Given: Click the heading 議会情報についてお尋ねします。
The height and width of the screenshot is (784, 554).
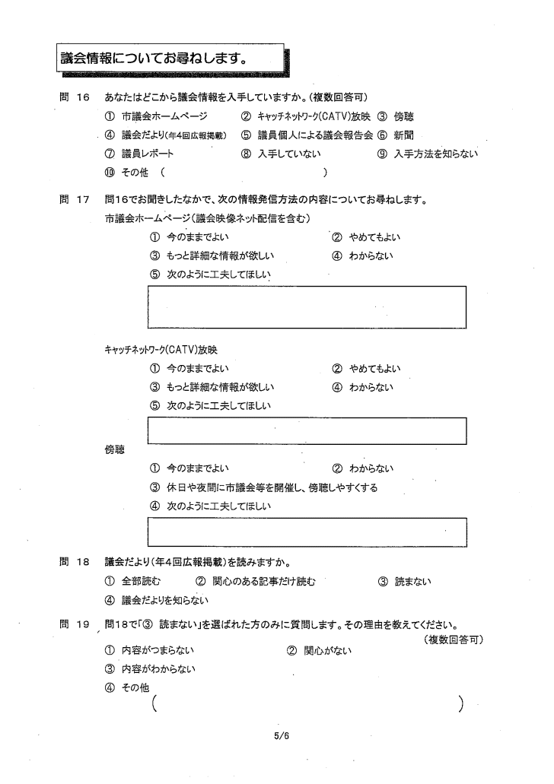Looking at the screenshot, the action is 154,59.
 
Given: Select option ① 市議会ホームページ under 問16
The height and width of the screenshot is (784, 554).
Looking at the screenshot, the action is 156,116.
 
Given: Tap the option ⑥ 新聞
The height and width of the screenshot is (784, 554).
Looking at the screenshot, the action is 396,135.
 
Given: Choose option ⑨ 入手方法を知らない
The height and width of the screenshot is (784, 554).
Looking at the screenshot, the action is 428,154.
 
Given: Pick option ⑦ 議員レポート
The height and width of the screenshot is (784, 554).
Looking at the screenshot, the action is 139,154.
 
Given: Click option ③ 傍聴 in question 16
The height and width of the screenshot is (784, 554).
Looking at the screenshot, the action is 396,116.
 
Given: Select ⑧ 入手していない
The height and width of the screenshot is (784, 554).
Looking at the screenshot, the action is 281,154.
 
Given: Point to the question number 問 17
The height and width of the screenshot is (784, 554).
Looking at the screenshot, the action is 75,199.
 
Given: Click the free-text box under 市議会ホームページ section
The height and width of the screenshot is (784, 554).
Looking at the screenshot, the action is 307,307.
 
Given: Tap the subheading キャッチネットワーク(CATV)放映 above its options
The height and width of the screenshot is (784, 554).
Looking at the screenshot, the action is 161,350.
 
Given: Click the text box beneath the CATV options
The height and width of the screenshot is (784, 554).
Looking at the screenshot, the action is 307,431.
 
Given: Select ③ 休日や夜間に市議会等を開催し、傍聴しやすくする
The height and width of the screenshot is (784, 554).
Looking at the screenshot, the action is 264,487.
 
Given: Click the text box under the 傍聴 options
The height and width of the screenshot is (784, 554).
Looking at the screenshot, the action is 307,532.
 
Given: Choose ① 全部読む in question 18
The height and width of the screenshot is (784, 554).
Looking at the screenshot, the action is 132,581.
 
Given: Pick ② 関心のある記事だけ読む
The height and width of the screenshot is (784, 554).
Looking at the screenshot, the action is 255,581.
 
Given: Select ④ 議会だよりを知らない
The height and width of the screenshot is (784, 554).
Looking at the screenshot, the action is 156,600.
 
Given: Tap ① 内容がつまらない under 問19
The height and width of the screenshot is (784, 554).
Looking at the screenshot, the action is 149,650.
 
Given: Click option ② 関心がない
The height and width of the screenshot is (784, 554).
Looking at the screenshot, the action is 320,650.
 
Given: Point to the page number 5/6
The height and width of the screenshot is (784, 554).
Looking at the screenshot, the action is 282,735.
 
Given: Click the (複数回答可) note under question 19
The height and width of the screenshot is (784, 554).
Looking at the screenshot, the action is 454,640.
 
